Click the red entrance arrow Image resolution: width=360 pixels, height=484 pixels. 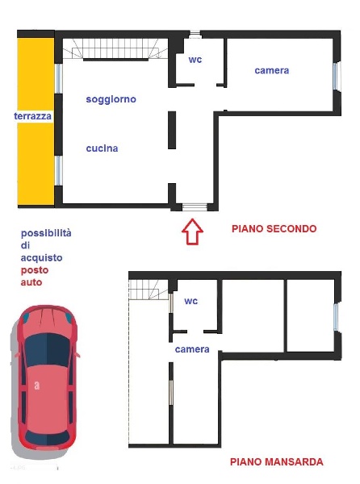point(191,232)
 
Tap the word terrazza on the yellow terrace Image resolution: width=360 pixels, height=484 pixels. point(33,116)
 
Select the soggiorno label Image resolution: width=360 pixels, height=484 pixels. point(111,99)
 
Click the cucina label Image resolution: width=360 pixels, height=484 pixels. point(103,148)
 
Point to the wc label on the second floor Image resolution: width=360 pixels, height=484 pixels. point(195,60)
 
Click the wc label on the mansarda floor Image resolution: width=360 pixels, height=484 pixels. point(191,301)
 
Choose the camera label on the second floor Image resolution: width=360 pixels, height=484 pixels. point(271,70)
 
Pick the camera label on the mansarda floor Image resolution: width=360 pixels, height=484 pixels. point(192,349)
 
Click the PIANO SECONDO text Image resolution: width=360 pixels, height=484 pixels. point(274,229)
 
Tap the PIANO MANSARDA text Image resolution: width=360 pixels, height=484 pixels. point(276,462)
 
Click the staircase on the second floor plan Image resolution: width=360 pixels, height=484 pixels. point(113,50)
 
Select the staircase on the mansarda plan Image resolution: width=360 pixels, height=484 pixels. point(149,289)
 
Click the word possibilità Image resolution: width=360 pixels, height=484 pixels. point(46,233)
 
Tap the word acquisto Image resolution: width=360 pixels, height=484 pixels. point(42,257)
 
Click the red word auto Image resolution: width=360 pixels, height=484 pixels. point(32,283)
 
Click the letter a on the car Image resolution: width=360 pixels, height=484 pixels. point(36,386)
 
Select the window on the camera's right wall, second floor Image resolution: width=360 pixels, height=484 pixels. point(337,75)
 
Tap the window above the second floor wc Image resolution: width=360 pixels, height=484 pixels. point(195,34)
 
